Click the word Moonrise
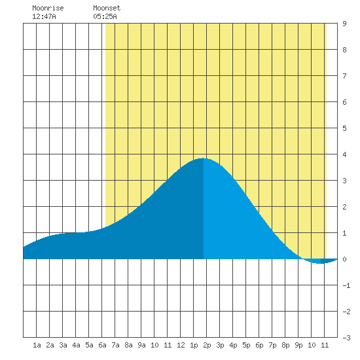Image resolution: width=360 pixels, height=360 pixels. [48, 8]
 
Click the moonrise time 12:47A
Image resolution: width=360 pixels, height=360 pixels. [44, 16]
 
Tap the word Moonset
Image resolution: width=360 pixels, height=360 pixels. [107, 8]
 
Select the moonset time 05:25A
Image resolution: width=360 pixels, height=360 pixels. [105, 16]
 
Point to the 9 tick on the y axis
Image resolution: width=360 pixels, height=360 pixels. [344, 24]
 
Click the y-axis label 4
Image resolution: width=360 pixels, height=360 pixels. [344, 154]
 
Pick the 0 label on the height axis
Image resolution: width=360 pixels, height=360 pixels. [344, 259]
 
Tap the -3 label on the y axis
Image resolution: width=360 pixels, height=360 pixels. [346, 338]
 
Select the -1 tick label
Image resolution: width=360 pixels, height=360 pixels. [346, 285]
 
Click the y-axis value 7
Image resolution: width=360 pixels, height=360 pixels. [344, 76]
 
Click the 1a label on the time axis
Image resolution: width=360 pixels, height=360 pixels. [37, 345]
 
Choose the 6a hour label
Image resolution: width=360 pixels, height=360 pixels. [102, 345]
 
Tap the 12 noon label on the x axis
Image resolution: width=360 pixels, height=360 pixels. [181, 345]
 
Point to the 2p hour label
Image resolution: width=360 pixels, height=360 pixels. [207, 345]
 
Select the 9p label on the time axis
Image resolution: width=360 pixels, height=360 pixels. [298, 345]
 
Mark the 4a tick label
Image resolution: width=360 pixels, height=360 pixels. [76, 345]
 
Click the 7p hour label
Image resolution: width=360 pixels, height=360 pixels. [272, 345]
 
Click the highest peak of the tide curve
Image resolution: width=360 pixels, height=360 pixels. [203, 158]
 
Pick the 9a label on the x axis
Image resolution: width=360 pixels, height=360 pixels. [141, 345]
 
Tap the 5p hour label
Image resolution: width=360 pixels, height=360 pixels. [246, 345]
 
